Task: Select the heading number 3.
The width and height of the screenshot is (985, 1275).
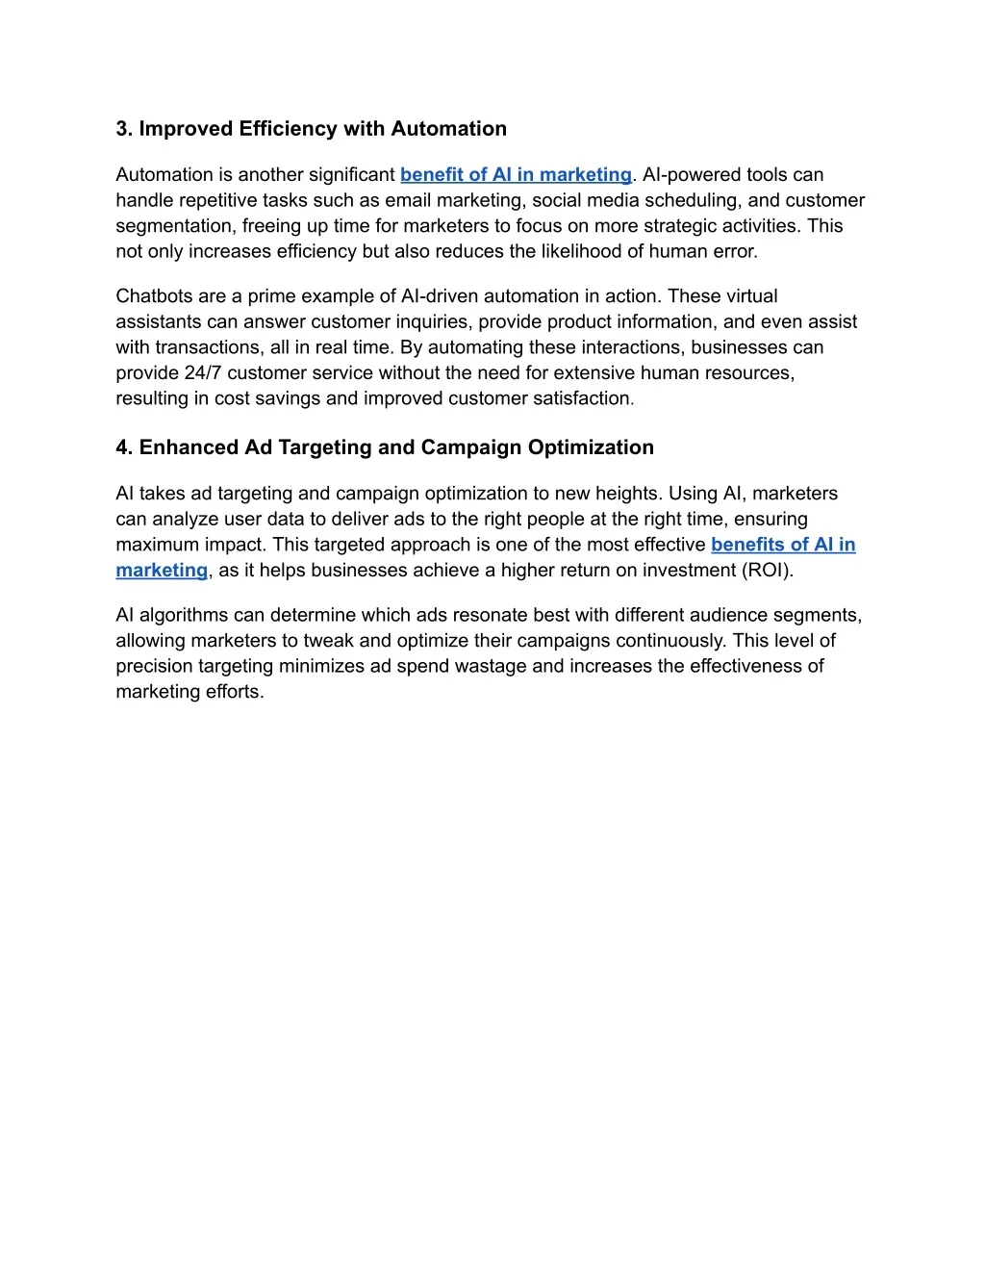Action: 123,129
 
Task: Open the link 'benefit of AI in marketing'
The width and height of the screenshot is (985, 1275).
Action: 516,174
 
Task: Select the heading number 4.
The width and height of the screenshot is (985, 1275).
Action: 123,447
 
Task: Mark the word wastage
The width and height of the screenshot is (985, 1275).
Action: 523,667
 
